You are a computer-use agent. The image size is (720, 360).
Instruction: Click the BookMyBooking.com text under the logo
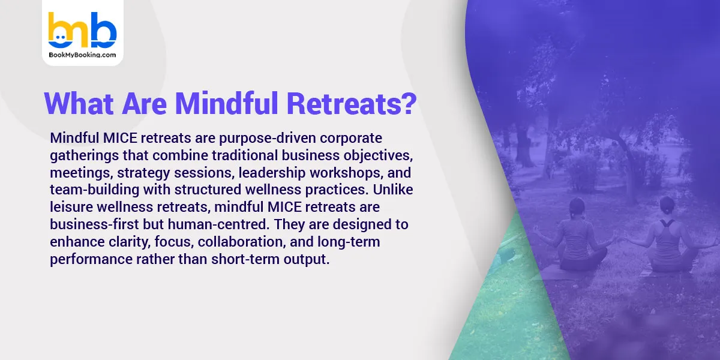(x=82, y=55)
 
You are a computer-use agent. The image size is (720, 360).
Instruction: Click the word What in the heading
(x=78, y=104)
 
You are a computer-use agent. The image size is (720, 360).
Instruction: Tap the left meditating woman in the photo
(x=574, y=238)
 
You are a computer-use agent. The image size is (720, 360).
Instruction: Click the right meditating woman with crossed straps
(x=665, y=237)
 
